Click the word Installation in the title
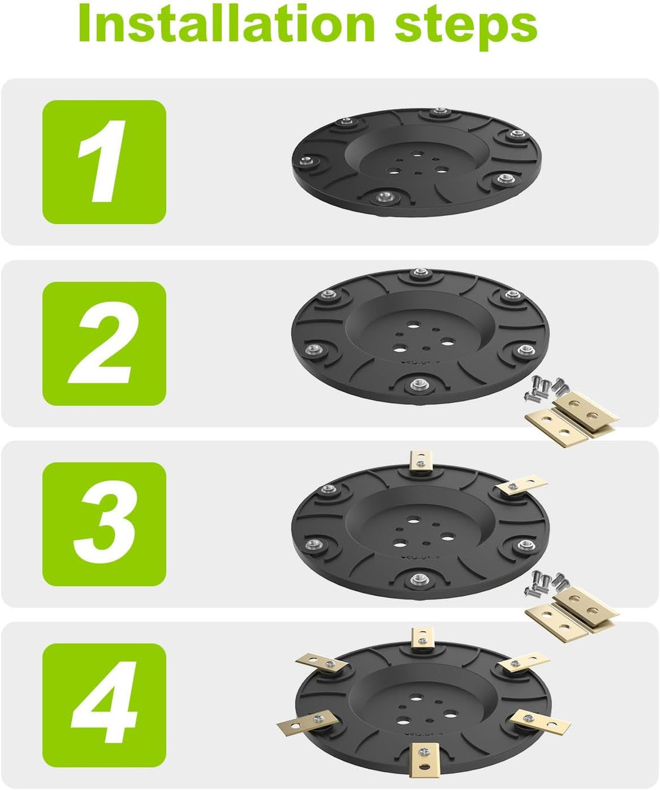(227, 23)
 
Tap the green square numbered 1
(105, 162)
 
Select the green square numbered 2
(105, 344)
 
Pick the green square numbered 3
(105, 524)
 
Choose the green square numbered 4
(105, 705)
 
